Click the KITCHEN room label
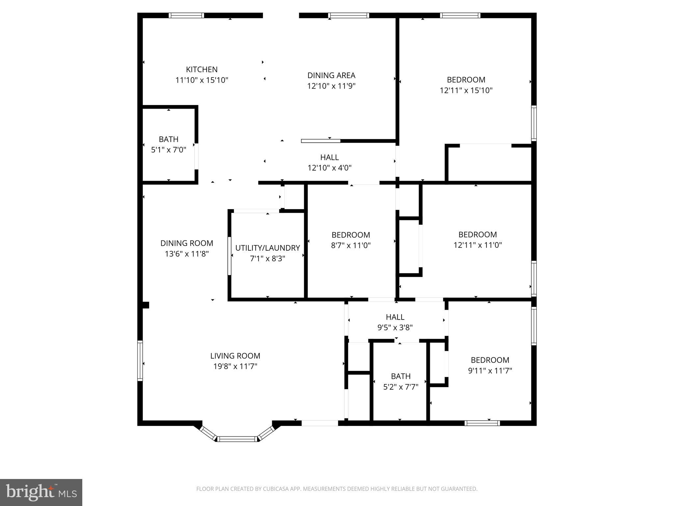tap(202, 70)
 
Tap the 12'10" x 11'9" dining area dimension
tap(331, 86)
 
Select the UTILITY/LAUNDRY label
tap(267, 248)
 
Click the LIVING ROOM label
tap(235, 356)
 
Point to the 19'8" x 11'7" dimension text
tap(235, 366)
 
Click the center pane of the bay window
tap(237, 439)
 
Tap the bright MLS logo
tap(41, 492)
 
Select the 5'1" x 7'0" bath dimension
tap(168, 150)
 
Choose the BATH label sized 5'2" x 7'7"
tap(401, 376)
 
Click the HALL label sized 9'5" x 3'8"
tap(395, 317)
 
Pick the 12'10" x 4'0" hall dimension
tap(329, 168)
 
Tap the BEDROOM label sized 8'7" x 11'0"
tap(350, 235)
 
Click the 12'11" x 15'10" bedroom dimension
tap(466, 90)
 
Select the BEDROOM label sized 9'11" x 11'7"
tap(490, 360)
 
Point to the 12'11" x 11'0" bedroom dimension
tap(478, 245)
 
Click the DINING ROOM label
tap(187, 243)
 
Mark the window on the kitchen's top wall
tap(186, 15)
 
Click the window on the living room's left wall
tap(140, 361)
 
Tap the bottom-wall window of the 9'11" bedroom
tap(482, 423)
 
